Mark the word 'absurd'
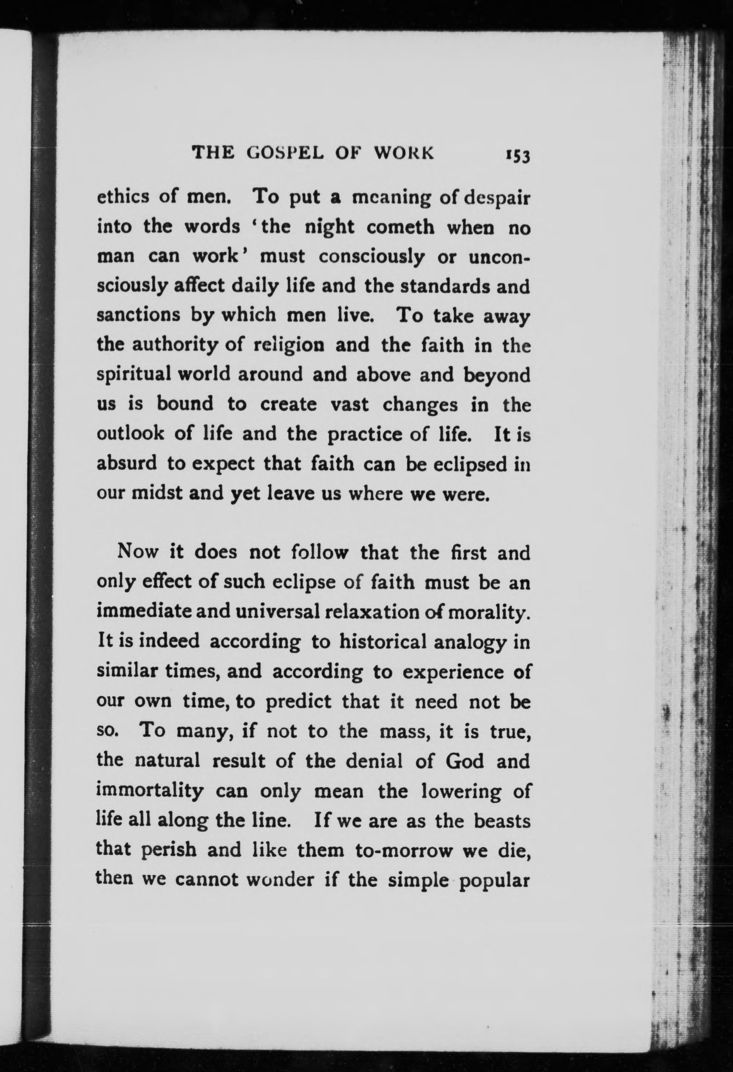[x=126, y=464]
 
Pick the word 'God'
[x=465, y=761]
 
